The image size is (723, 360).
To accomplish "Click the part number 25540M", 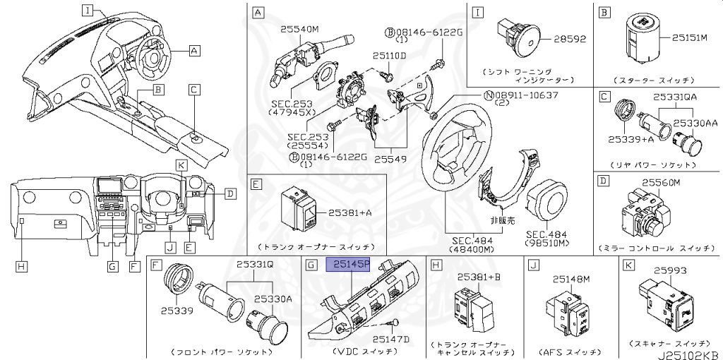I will click(x=299, y=30).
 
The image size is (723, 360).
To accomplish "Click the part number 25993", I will click(x=670, y=270).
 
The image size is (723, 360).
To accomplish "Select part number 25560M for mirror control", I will click(x=660, y=183).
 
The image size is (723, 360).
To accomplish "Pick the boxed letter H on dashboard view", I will click(x=22, y=265).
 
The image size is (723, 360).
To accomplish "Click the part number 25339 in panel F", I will click(x=173, y=308).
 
